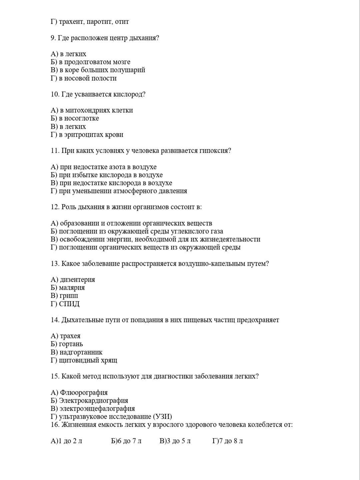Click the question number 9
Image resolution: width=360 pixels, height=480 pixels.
point(53,38)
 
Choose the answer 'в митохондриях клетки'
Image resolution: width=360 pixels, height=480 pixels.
point(96,110)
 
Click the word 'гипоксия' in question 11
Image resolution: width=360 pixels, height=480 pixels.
point(215,151)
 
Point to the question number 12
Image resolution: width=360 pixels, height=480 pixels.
point(55,207)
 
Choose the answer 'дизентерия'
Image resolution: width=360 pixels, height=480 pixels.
point(77,280)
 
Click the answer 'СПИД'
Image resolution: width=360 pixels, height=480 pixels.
point(69,304)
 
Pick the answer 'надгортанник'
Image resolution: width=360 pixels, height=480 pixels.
point(81,352)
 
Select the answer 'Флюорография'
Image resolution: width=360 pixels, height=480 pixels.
point(84,393)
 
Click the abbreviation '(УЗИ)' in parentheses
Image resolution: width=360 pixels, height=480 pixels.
point(162,417)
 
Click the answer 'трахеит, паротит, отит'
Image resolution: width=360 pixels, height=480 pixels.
point(94,22)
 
